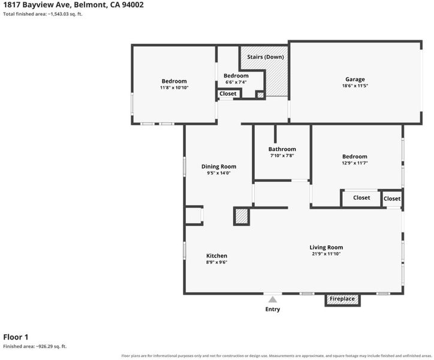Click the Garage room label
[x=355, y=80]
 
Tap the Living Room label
[x=326, y=247]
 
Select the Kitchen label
[x=217, y=256]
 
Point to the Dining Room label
[x=219, y=167]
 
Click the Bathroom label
[x=282, y=149]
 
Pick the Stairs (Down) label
[x=266, y=57]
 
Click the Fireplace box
[x=342, y=299]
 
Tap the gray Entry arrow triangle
[x=273, y=299]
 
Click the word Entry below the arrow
[x=273, y=309]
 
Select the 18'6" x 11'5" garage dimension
[x=355, y=86]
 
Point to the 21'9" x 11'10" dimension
[x=326, y=254]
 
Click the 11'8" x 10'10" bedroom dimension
[x=174, y=88]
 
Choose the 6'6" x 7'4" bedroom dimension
[x=236, y=82]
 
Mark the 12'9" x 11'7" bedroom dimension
[x=354, y=163]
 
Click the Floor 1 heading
[x=16, y=337]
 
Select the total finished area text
[x=43, y=14]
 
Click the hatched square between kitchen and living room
[x=242, y=216]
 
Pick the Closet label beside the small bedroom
[x=228, y=94]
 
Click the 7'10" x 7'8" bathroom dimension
[x=282, y=156]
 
